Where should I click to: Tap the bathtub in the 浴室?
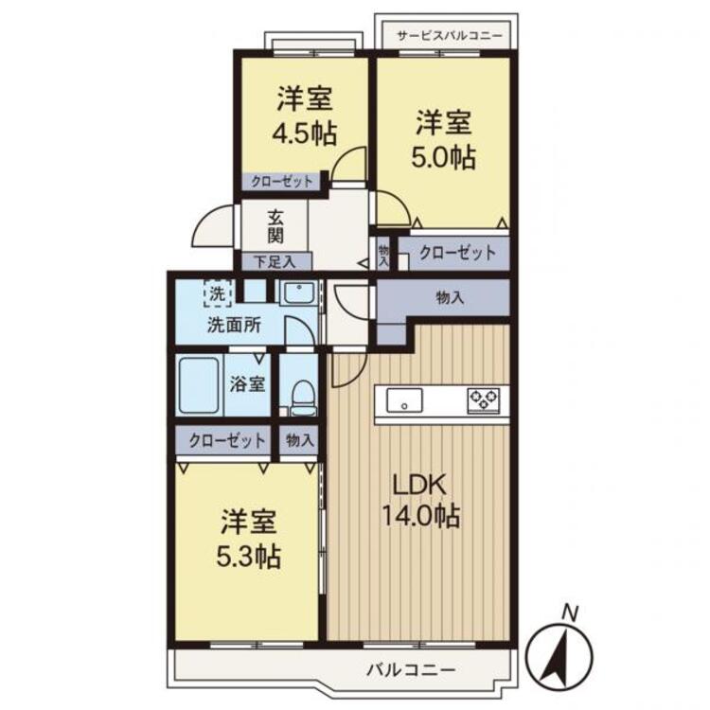coord(199,385)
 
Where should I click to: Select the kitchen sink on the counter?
coord(404,400)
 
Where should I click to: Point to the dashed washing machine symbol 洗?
coord(218,293)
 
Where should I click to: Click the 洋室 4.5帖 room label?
coord(305,115)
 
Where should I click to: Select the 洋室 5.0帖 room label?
coord(444,139)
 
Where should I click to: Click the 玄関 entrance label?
coord(275,227)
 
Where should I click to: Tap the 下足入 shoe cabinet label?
coord(275,262)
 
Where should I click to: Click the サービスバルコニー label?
coord(450,36)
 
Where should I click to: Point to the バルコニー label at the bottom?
coord(411,669)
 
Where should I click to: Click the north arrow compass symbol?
coord(560,655)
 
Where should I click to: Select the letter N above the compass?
coord(570,614)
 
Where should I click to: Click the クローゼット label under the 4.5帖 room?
coord(282,182)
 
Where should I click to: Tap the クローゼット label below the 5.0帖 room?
coord(457,253)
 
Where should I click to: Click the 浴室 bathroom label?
coord(247,384)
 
